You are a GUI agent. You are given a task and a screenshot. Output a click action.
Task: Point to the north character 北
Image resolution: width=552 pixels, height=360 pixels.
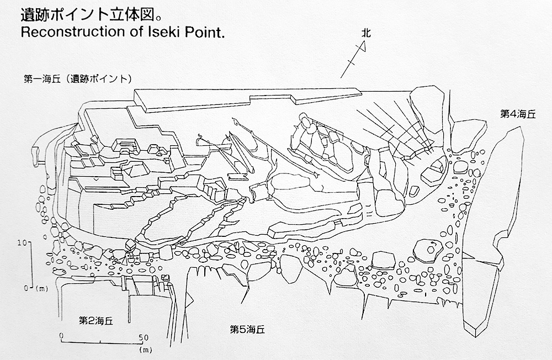point(366,34)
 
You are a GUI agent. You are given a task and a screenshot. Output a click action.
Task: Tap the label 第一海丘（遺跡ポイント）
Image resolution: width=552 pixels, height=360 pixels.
point(78,78)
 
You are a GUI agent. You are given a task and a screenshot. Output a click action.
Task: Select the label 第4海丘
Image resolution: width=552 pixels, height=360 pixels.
point(518,114)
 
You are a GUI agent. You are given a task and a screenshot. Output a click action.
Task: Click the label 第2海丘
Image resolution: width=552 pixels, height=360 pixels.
point(95,320)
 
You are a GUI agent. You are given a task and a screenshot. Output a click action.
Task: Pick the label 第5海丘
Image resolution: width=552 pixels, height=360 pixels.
point(247,330)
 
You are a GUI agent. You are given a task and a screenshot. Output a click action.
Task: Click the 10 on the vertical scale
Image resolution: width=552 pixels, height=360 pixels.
point(22,243)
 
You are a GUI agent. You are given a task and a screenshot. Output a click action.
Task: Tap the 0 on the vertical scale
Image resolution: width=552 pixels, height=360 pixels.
point(26,288)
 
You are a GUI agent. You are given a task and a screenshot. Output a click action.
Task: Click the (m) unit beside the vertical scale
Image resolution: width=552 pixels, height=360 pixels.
point(42,289)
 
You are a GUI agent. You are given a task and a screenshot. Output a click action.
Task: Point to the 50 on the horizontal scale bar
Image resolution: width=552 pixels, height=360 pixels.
point(144,337)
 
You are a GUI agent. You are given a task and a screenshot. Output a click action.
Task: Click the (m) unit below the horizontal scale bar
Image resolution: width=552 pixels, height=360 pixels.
point(145,350)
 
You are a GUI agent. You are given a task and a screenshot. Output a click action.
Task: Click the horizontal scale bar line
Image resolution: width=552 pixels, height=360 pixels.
point(100,342)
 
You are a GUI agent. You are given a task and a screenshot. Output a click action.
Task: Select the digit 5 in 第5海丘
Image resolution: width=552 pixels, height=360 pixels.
point(242,330)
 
